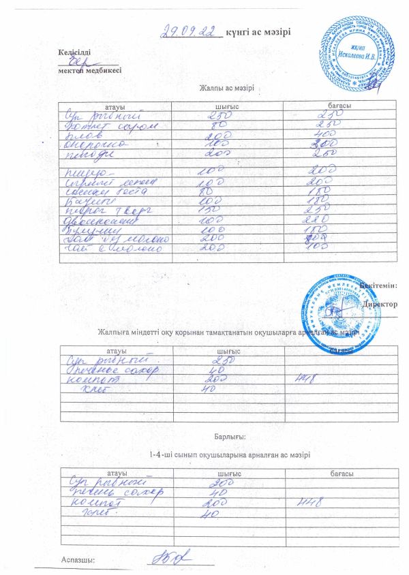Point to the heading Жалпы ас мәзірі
pos(226,89)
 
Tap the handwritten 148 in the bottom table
pos(309,503)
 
